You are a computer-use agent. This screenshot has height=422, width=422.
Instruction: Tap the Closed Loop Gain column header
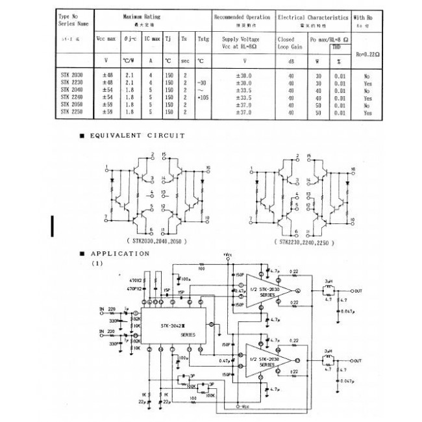click(290, 42)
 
